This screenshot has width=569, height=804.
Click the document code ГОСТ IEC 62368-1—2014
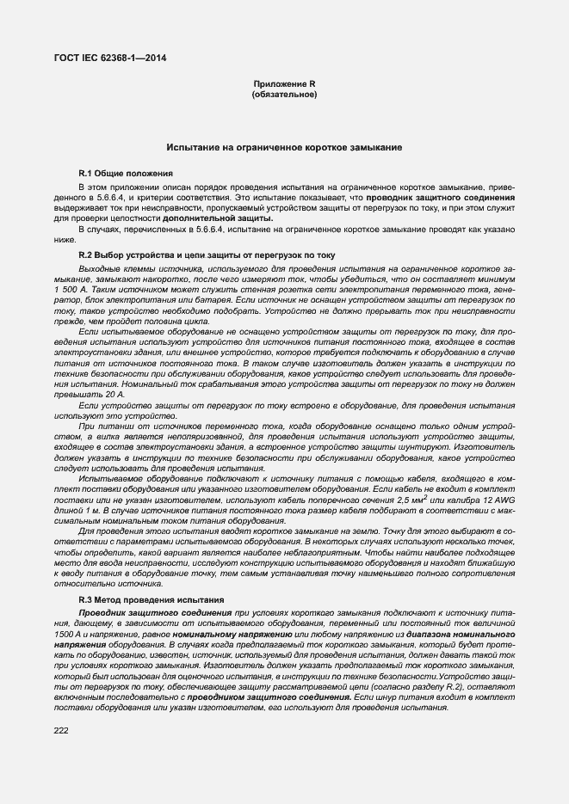click(x=112, y=58)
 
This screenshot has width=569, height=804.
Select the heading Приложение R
click(x=284, y=83)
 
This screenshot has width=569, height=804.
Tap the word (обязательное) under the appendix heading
click(x=284, y=94)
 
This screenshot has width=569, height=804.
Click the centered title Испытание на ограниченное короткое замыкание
click(x=284, y=149)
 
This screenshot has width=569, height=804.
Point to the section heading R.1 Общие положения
click(x=126, y=173)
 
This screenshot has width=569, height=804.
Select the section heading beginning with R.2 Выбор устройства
click(x=199, y=256)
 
